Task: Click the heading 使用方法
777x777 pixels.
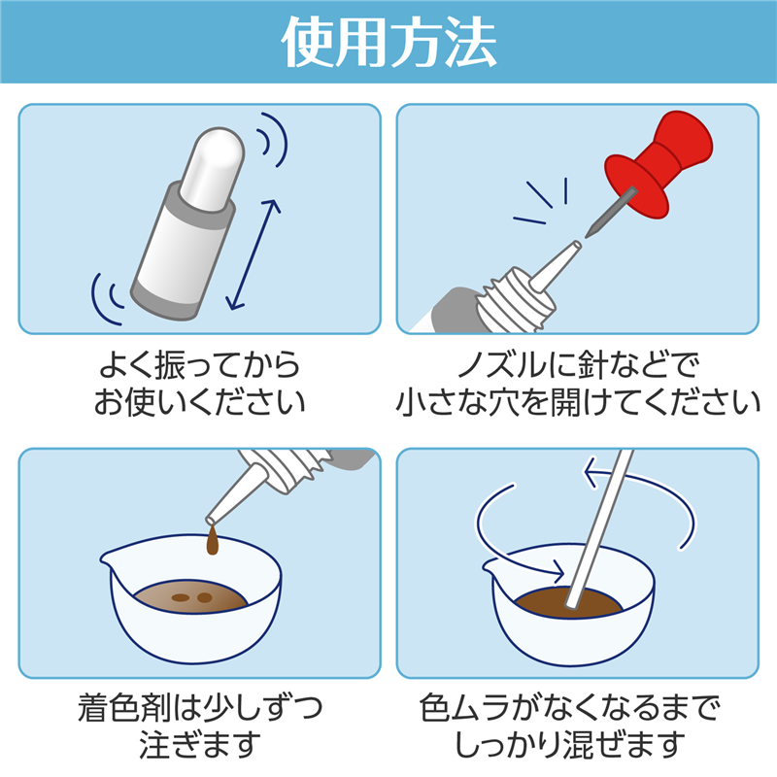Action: (389, 42)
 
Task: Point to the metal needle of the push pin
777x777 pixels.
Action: (611, 212)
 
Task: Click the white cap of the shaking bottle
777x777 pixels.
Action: (213, 164)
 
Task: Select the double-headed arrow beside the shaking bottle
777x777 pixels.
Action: (253, 254)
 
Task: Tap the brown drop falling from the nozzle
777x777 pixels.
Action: (213, 540)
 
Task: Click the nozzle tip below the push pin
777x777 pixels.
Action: (576, 246)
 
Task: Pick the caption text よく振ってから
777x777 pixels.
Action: (200, 365)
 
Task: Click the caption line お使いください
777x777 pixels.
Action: (200, 401)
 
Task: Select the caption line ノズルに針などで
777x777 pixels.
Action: (578, 365)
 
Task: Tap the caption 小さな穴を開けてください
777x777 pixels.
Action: (578, 401)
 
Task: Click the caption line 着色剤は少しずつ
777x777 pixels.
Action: (200, 708)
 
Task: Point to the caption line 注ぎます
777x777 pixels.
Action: (200, 744)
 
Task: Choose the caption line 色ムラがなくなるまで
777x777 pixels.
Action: (570, 708)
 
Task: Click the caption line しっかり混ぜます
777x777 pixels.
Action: (570, 744)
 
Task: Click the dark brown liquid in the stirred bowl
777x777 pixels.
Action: (540, 602)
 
